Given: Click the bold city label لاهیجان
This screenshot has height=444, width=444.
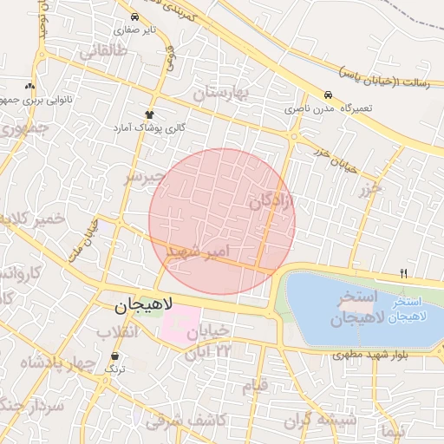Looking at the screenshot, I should [x=144, y=305].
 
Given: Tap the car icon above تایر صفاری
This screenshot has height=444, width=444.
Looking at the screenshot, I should [x=134, y=17].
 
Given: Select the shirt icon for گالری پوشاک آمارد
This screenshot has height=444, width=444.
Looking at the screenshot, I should [x=149, y=114].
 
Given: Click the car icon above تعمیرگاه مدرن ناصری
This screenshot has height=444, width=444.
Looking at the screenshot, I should [x=327, y=95].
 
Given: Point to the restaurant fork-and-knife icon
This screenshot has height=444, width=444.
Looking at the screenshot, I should [x=402, y=274].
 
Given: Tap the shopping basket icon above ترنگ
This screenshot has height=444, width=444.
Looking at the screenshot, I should [x=115, y=356].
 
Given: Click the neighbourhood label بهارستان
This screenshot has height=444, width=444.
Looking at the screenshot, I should [x=220, y=93].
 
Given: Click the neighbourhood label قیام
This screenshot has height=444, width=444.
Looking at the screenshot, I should [x=255, y=386].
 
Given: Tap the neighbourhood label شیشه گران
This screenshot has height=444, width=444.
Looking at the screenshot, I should [x=325, y=421].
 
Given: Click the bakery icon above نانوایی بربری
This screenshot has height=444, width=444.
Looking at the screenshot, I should [x=31, y=86].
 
